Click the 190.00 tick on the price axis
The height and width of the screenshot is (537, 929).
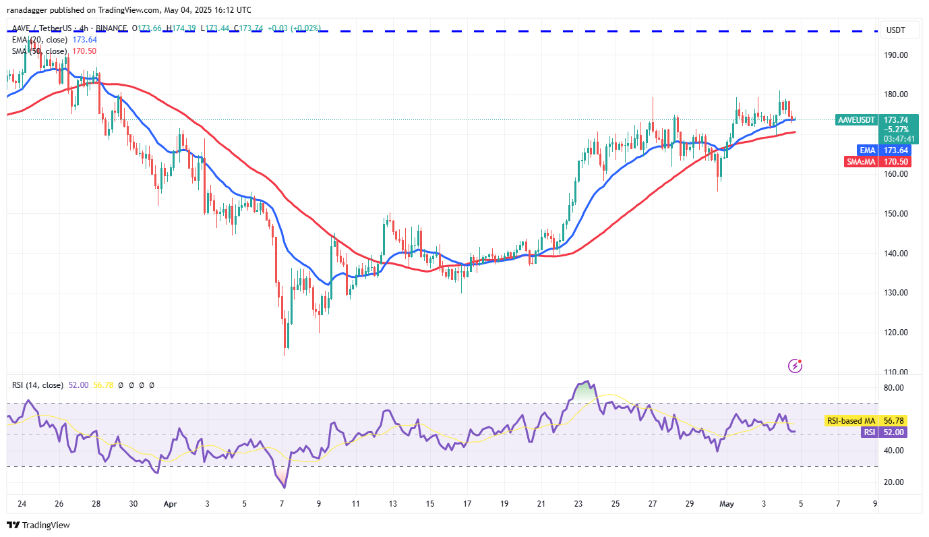pyautogui.click(x=897, y=55)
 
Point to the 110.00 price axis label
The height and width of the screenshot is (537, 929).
pyautogui.click(x=897, y=372)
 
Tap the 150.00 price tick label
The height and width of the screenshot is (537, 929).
pyautogui.click(x=897, y=214)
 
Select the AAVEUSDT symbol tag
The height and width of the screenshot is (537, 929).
pyautogui.click(x=856, y=119)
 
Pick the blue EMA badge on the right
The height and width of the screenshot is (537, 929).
pyautogui.click(x=867, y=150)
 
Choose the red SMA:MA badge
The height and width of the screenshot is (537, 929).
pyautogui.click(x=861, y=162)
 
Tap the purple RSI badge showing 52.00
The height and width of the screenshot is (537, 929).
pyautogui.click(x=870, y=432)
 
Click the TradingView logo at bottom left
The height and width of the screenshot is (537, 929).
pyautogui.click(x=38, y=525)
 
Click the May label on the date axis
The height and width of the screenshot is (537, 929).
pyautogui.click(x=727, y=504)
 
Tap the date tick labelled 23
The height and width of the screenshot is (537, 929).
pyautogui.click(x=578, y=504)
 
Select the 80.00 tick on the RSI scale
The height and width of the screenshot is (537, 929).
pyautogui.click(x=895, y=388)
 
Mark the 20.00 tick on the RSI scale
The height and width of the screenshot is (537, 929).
pyautogui.click(x=895, y=482)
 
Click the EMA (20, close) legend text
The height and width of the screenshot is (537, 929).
pyautogui.click(x=39, y=40)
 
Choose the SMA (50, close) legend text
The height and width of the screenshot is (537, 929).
pyautogui.click(x=39, y=51)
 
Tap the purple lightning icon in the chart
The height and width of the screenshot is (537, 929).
pyautogui.click(x=795, y=366)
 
